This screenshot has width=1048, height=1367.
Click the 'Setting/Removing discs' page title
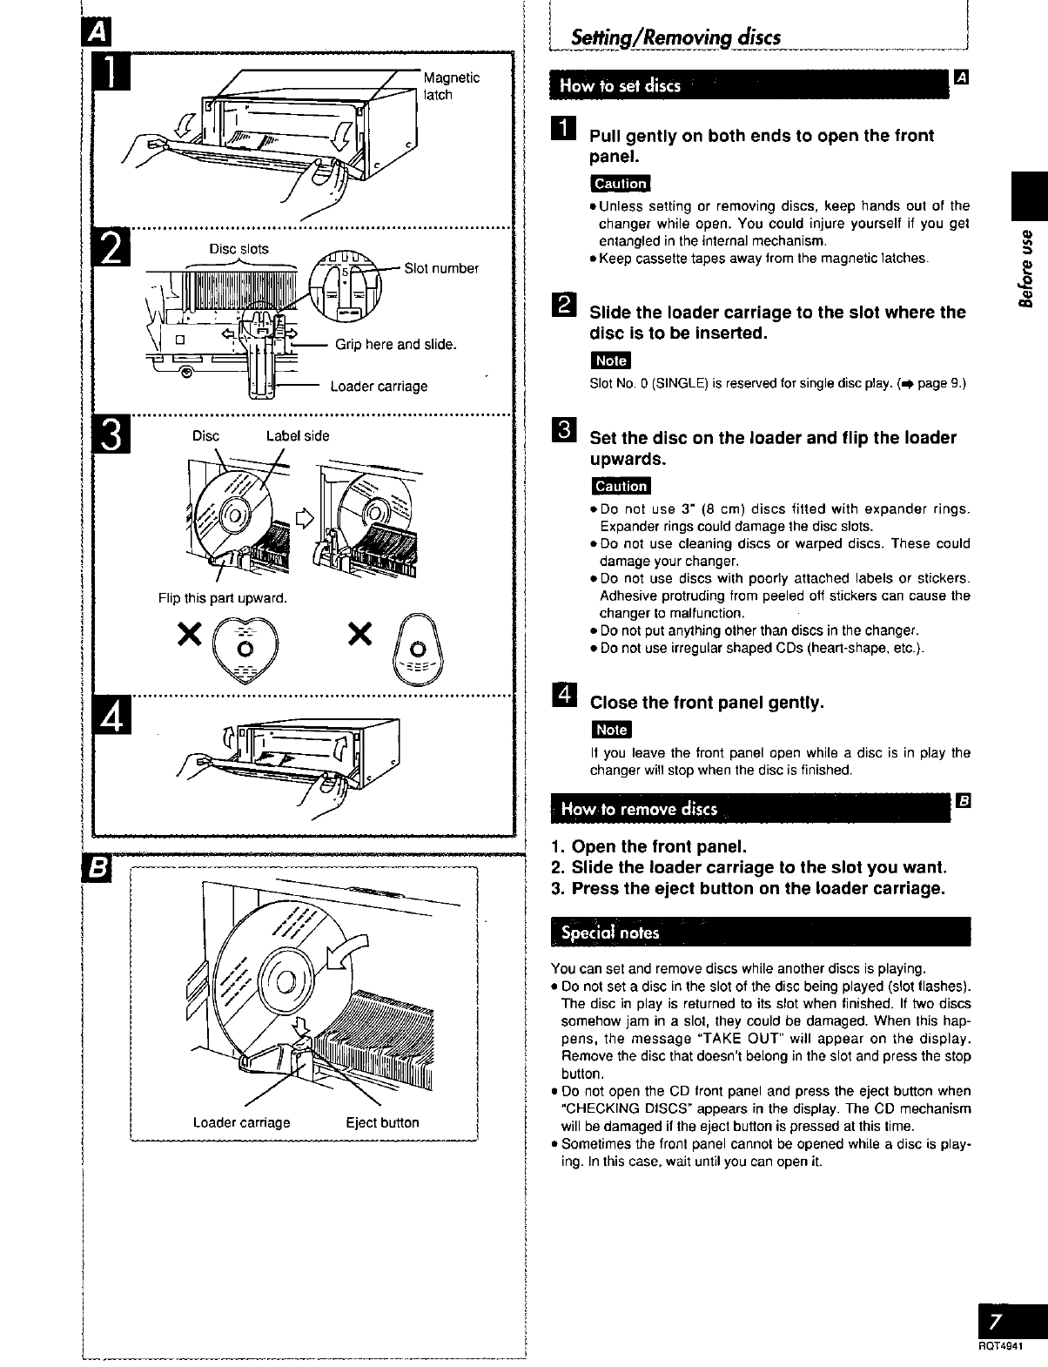[x=675, y=37]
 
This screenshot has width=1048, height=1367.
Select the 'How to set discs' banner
[x=620, y=85]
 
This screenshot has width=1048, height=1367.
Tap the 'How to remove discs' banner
[x=639, y=809]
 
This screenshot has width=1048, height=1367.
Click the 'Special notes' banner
[x=610, y=933]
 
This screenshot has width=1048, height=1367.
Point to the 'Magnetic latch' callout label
[x=451, y=86]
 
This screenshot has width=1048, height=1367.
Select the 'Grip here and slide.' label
[x=396, y=345]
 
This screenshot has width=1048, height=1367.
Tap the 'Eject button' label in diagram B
[x=382, y=1122]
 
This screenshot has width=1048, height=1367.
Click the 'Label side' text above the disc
[x=298, y=436]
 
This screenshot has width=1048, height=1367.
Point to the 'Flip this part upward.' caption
[x=222, y=598]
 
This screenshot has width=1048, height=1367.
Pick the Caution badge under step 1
[x=620, y=184]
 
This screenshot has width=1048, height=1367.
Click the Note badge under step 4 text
[x=611, y=730]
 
